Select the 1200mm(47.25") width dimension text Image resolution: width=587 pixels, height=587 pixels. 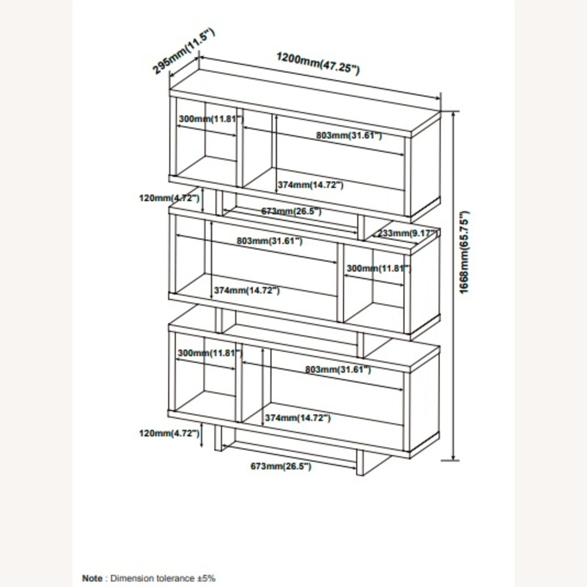coord(318,63)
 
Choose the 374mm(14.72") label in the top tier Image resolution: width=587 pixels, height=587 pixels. coord(310,185)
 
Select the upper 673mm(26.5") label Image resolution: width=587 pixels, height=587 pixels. coord(291,211)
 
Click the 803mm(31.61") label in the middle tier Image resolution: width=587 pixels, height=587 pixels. coord(270,241)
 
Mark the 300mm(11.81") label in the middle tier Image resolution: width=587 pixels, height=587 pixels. coord(379,268)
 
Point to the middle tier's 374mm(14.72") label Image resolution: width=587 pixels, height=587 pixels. coord(247,290)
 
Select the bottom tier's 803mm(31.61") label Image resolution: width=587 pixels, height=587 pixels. coord(338,369)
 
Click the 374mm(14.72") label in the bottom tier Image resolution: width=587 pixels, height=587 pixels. coord(298,418)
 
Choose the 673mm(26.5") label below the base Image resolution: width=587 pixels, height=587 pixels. coord(281,466)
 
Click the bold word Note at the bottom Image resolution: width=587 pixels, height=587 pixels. coord(92,578)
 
